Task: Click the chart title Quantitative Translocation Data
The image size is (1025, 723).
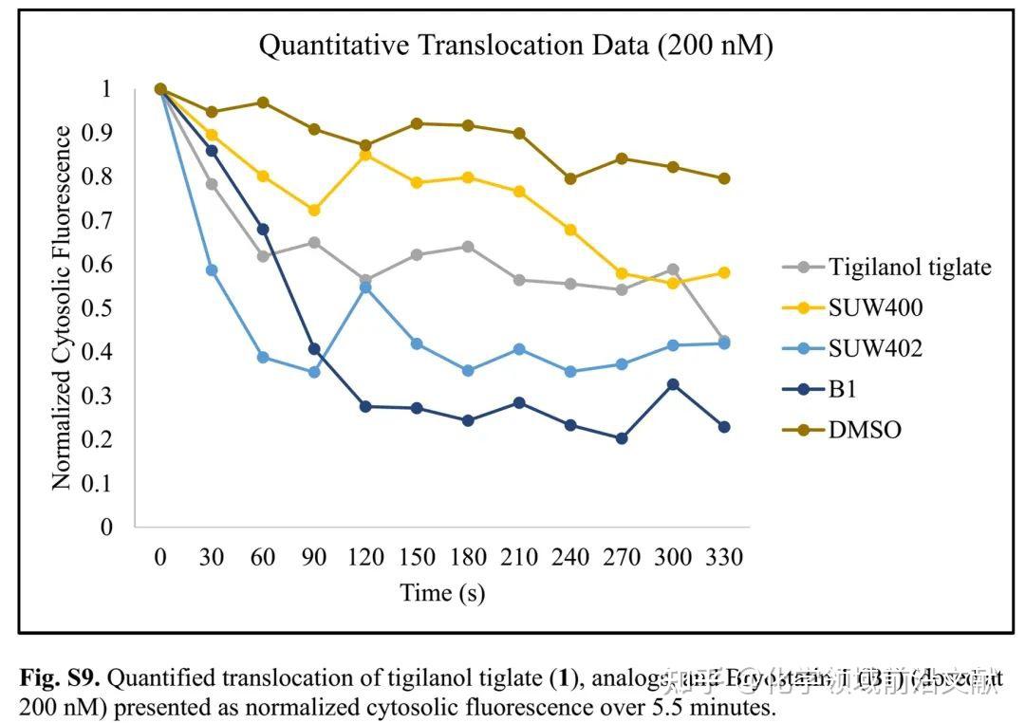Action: (515, 45)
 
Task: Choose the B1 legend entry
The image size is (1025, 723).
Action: (844, 389)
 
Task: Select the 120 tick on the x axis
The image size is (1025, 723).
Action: (366, 557)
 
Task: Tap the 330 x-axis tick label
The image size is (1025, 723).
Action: (724, 557)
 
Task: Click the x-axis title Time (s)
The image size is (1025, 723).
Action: (442, 593)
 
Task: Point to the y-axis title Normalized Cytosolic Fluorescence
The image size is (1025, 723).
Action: (62, 307)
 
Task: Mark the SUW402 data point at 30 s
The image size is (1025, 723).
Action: (213, 270)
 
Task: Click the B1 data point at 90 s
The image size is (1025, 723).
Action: (314, 349)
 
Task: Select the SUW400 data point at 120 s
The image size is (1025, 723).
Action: (365, 154)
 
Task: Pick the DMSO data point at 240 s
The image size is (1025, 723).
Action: (570, 178)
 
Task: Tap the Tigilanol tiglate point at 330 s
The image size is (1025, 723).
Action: (724, 341)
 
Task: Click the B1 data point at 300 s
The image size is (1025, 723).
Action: (673, 384)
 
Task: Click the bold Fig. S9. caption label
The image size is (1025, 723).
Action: (59, 679)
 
